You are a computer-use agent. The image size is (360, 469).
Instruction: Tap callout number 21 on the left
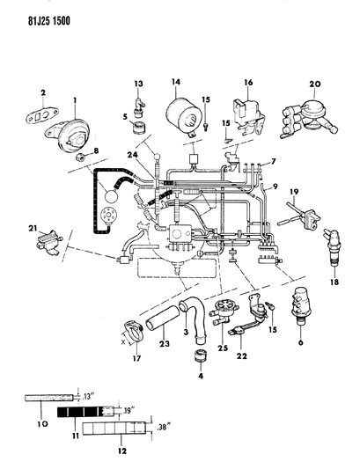coord(33,230)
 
